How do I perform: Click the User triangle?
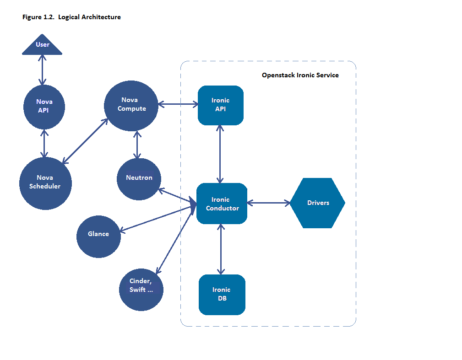click(42, 46)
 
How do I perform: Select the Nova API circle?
click(44, 106)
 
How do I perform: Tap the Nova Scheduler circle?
click(45, 183)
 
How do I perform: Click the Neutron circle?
click(139, 178)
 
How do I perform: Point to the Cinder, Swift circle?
click(141, 289)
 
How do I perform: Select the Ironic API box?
click(220, 105)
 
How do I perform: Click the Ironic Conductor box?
click(222, 204)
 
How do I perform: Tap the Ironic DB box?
click(222, 295)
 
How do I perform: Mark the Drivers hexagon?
click(317, 203)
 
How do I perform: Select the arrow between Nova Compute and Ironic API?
click(178, 104)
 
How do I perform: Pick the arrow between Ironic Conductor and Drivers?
click(268, 203)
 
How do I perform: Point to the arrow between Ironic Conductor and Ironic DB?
click(222, 249)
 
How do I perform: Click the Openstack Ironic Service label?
click(300, 75)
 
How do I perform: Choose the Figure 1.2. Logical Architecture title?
click(71, 17)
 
